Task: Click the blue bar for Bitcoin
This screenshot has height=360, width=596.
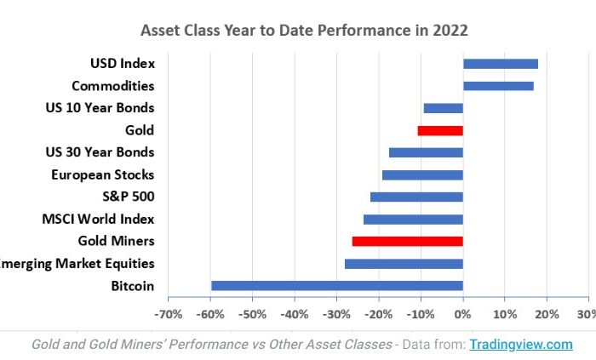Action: coord(336,286)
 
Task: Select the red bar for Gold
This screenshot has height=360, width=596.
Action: coord(440,130)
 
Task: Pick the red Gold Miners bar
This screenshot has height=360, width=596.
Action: coord(407,242)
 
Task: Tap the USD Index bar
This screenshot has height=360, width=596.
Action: coord(500,64)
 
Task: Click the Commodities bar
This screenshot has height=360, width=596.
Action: coord(498,86)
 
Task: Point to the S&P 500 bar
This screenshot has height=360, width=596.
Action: coord(416,197)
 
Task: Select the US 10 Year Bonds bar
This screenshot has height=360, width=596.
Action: coord(443,108)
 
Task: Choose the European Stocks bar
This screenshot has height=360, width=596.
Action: coord(422,174)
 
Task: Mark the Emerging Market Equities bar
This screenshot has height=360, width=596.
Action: coord(404,264)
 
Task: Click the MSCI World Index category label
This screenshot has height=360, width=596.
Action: coord(98,219)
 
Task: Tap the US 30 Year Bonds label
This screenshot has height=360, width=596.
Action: coord(100,152)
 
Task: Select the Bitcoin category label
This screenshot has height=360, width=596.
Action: coord(132,286)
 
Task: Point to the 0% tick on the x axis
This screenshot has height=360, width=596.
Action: coord(462,314)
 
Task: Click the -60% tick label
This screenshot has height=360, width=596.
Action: coord(210,314)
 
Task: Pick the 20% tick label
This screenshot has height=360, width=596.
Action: coord(547,314)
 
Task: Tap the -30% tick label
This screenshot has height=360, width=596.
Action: coord(336,314)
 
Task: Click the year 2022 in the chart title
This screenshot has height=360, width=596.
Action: coord(450,31)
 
